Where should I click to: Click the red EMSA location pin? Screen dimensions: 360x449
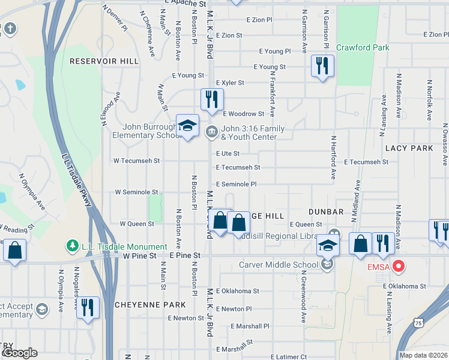(398, 265)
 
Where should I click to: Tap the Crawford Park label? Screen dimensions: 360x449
(363, 47)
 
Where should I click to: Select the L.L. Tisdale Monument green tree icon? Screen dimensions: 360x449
(72, 246)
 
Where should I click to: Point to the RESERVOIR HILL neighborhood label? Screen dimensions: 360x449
(104, 61)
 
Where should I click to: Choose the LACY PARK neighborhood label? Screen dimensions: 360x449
(409, 148)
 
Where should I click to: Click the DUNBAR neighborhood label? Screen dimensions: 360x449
(326, 212)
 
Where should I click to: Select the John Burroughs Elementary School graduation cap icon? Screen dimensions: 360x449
(187, 125)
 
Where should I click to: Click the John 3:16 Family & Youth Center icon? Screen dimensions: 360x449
(211, 131)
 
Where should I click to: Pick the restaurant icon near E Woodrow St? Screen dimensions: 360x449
(211, 99)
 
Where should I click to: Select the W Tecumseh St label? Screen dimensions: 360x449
(137, 161)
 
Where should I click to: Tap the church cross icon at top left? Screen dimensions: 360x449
(10, 28)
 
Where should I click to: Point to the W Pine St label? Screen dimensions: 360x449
(139, 256)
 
